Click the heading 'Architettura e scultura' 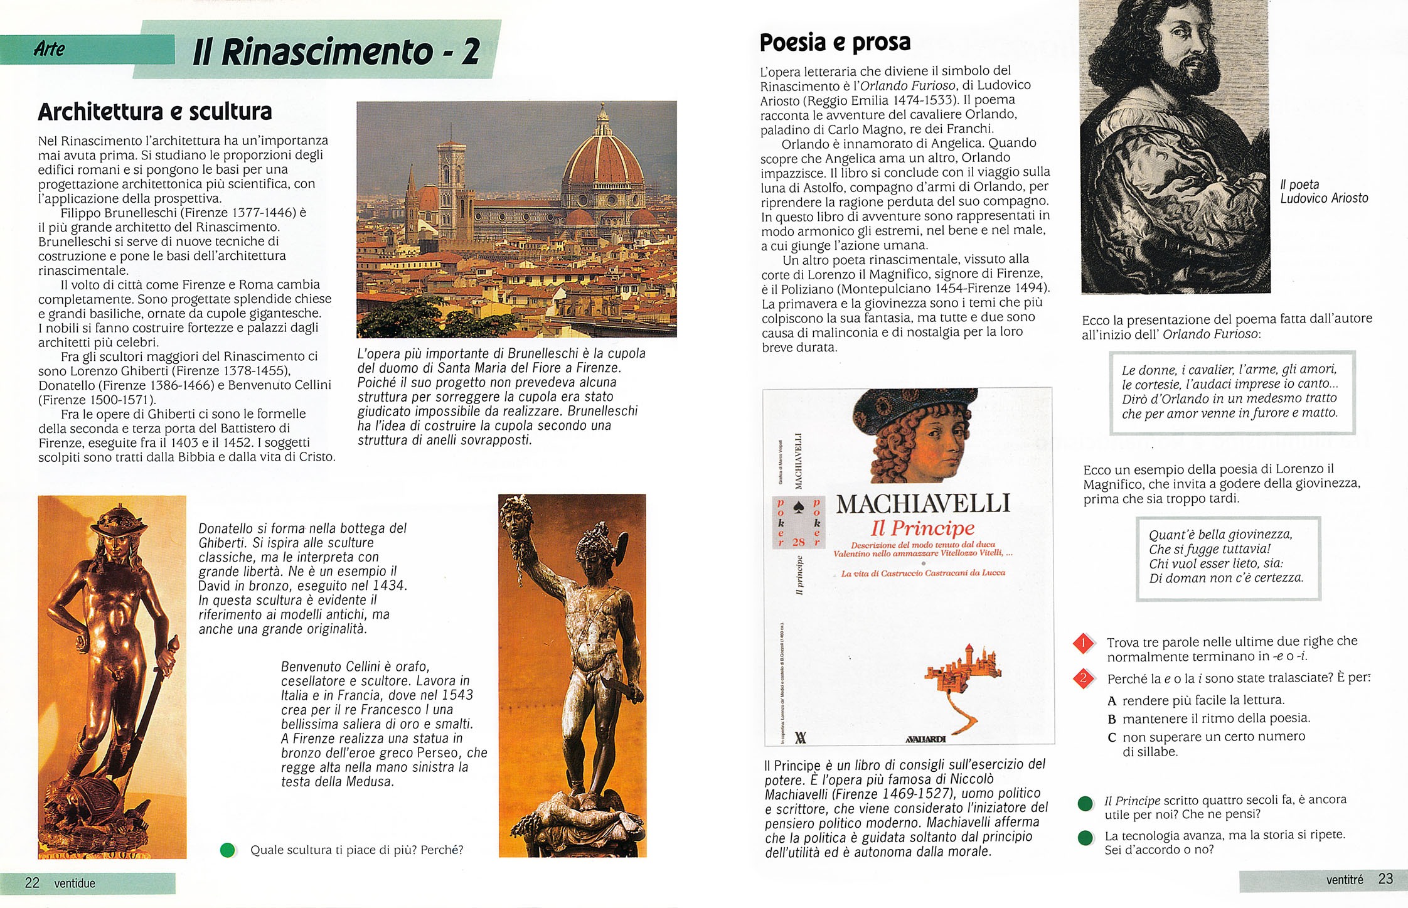tap(155, 112)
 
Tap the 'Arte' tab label tap(49, 49)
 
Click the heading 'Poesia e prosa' tap(835, 43)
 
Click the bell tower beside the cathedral tap(451, 188)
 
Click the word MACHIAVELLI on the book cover tap(923, 504)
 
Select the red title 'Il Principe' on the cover tap(922, 528)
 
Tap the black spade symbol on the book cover tap(799, 507)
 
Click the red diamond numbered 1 tap(1084, 643)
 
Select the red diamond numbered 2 tap(1084, 678)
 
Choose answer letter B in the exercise tap(1112, 719)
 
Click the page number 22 tap(32, 883)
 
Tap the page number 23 tap(1385, 879)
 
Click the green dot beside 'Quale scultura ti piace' tap(228, 850)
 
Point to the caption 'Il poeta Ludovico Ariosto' tap(1323, 191)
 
